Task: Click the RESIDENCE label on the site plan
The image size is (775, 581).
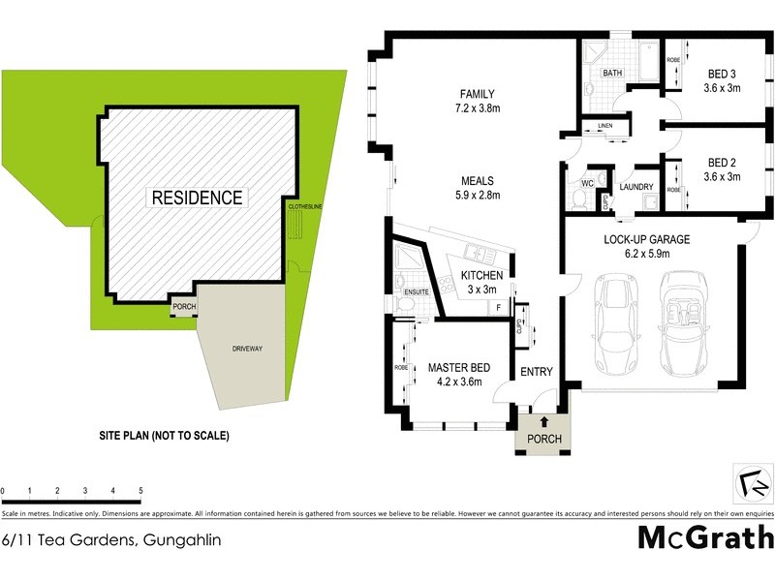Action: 196,198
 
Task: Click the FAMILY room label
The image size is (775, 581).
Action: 476,95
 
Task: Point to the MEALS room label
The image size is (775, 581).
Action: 478,181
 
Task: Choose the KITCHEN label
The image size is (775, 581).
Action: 481,276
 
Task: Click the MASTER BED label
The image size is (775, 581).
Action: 460,367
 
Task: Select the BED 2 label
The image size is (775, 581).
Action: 723,162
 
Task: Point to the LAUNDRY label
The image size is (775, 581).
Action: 635,188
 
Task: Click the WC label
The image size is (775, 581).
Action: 586,182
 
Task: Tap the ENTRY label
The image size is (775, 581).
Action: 536,372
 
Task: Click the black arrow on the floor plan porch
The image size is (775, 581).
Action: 542,419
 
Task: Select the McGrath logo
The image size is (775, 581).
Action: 705,537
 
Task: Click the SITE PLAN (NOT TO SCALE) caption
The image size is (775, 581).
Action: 166,436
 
